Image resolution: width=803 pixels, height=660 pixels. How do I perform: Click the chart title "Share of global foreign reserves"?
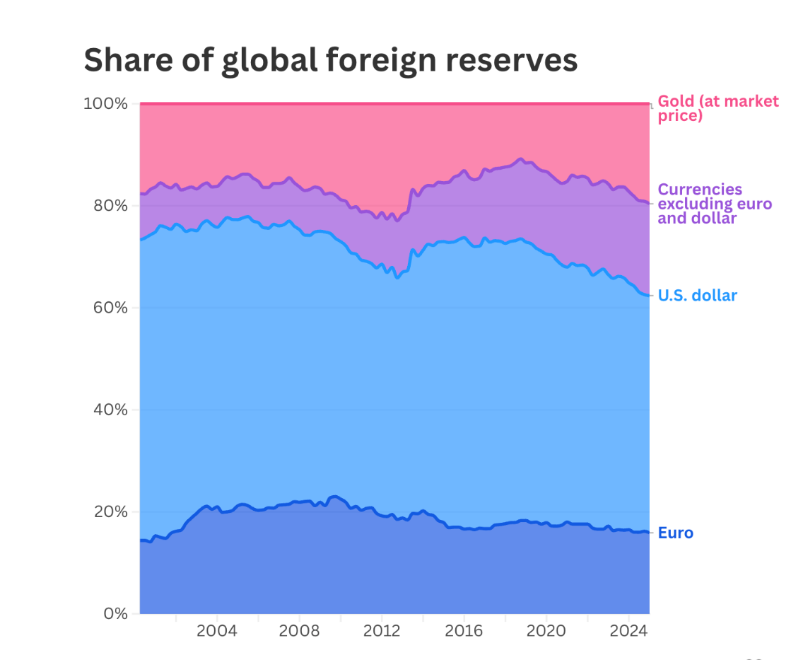330,60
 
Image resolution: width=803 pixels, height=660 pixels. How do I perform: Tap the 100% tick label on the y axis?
106,104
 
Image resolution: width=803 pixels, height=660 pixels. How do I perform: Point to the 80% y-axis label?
110,206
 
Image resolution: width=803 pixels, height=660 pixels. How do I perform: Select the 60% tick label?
110,308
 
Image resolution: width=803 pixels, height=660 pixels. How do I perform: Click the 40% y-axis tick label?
110,410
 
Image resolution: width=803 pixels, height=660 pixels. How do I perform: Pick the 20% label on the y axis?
110,511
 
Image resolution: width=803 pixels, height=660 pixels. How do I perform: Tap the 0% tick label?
115,613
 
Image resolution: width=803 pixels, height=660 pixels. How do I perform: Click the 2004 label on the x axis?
217,631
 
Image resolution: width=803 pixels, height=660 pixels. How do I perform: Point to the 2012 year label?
382,631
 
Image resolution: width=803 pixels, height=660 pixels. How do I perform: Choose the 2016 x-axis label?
464,631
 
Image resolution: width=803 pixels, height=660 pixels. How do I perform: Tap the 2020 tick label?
546,631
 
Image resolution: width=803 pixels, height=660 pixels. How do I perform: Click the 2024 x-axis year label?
628,631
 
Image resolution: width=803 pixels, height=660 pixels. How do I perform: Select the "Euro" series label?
675,533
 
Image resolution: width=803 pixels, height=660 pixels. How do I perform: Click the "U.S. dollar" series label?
697,296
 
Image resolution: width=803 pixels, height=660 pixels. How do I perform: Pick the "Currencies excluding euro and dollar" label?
714,204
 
